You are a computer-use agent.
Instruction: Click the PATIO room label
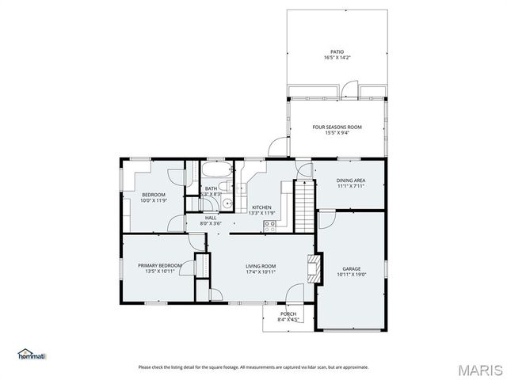coord(337,52)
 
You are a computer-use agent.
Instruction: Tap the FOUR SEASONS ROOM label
coord(337,127)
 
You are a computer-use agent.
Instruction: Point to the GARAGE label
coord(350,268)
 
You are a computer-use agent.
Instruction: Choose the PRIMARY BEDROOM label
coord(160,265)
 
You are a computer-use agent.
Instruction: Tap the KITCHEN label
coord(261,207)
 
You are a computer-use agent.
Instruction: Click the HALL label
coord(211,218)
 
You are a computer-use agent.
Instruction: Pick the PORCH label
coord(288,314)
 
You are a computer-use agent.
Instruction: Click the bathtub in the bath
coord(213,171)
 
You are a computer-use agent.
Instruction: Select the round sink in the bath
coord(227,203)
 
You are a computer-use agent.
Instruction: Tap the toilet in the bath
coord(224,188)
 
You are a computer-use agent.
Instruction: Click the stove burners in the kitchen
coord(269,224)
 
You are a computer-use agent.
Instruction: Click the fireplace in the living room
coord(314,268)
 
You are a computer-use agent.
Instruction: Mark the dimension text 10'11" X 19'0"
coord(350,275)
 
